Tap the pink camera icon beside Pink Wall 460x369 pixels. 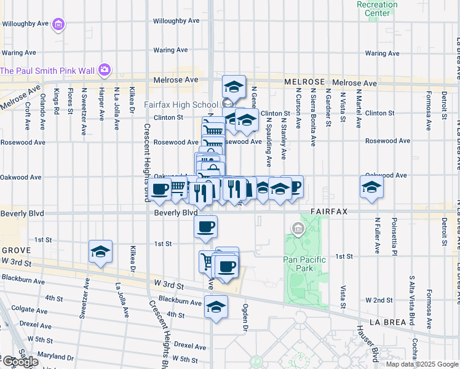[x=104, y=69]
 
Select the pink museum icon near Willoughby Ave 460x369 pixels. [x=58, y=25]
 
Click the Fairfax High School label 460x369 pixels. [x=181, y=105]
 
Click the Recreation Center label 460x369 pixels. [x=377, y=9]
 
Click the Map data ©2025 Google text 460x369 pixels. [x=422, y=364]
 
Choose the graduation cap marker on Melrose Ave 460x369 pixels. [x=234, y=86]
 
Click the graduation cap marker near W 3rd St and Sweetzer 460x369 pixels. [x=100, y=252]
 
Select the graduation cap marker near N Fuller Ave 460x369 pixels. [x=371, y=188]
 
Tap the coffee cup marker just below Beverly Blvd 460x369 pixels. [x=205, y=226]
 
